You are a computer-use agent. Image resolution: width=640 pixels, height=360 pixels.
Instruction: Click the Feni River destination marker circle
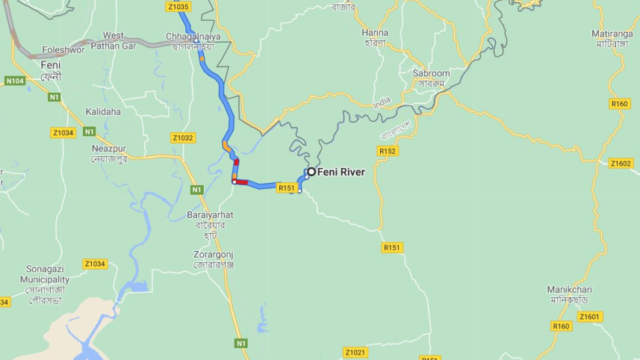point(312,172)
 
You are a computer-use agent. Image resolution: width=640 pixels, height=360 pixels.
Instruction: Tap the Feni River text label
point(341,173)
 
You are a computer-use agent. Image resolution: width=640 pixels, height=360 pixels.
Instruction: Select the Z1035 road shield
point(178,7)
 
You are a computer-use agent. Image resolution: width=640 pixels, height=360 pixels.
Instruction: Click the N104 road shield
point(14,81)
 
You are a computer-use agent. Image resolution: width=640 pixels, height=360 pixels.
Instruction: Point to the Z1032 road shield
point(182,138)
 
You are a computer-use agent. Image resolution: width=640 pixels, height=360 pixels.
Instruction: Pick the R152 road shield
point(388,151)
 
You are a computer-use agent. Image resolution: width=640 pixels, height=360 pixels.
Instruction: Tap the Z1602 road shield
point(621,164)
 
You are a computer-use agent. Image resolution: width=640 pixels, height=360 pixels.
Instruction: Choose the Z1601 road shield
point(589,317)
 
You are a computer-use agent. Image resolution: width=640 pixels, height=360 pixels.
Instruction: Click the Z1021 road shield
point(355,352)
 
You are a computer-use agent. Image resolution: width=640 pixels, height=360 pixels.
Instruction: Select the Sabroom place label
point(432,74)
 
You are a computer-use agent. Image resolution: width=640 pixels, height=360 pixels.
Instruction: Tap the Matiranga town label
point(612,34)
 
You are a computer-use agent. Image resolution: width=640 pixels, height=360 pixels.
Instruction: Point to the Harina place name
point(375,33)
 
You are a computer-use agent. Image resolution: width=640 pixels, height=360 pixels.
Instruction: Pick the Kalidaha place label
point(103,111)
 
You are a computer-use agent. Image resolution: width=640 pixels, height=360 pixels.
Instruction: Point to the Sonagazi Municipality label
point(45,275)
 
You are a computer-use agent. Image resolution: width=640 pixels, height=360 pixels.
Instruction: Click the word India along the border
point(382,101)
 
